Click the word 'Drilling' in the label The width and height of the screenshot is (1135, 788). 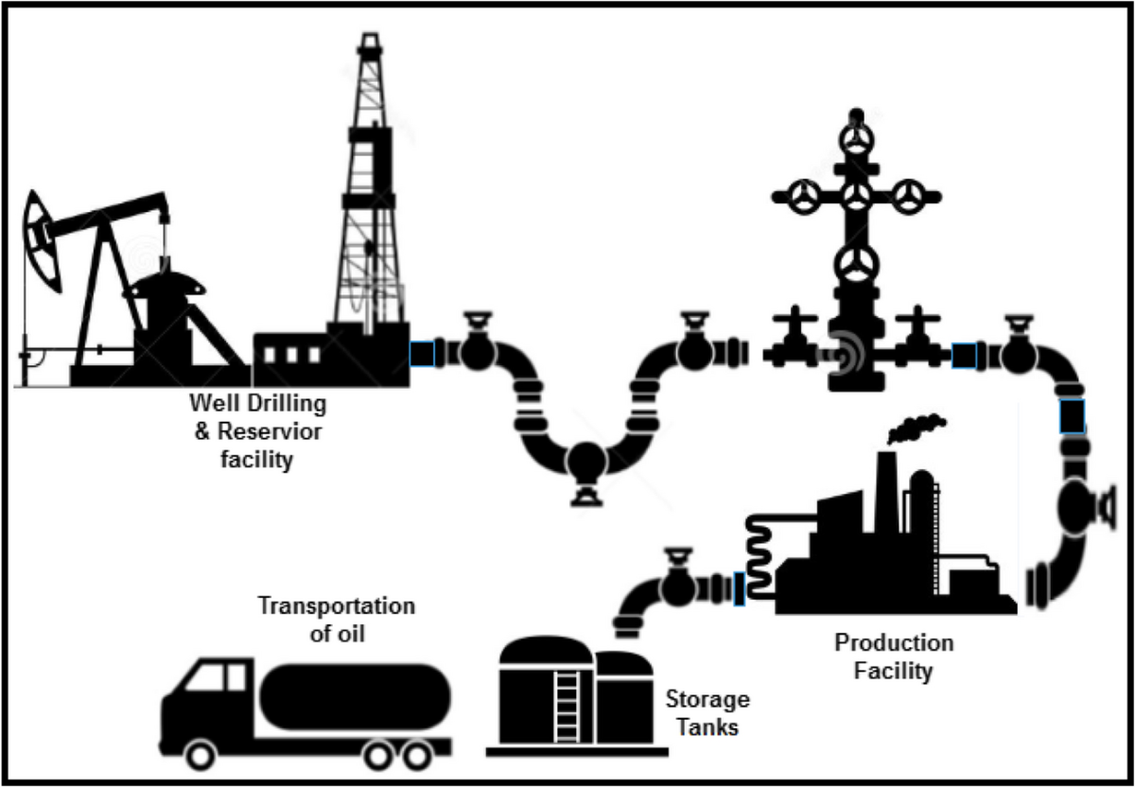pos(285,405)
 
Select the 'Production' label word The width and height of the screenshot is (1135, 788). pos(893,643)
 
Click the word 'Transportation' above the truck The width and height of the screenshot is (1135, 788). pos(337,606)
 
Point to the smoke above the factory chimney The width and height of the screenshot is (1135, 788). pos(916,429)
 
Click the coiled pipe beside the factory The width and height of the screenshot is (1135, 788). pos(760,558)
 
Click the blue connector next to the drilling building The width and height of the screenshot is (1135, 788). pos(422,354)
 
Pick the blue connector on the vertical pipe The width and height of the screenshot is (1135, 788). pos(1072,416)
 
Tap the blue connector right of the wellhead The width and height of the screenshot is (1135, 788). pos(963,355)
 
